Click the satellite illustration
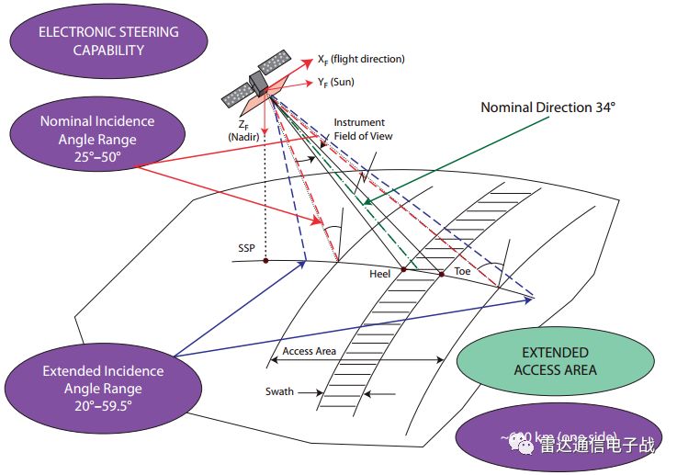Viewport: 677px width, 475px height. (260, 84)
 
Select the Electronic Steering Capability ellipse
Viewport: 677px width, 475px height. (108, 40)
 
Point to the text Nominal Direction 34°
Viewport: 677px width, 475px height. (547, 107)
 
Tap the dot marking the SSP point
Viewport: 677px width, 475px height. (265, 261)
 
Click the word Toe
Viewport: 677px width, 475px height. (462, 271)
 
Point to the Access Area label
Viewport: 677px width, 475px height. (309, 351)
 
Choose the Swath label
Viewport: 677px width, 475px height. (280, 391)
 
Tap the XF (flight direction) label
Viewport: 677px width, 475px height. (361, 60)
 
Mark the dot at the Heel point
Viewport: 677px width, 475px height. (402, 269)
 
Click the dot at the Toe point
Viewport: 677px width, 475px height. (441, 274)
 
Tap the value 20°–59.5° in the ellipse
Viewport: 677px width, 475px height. (103, 404)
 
